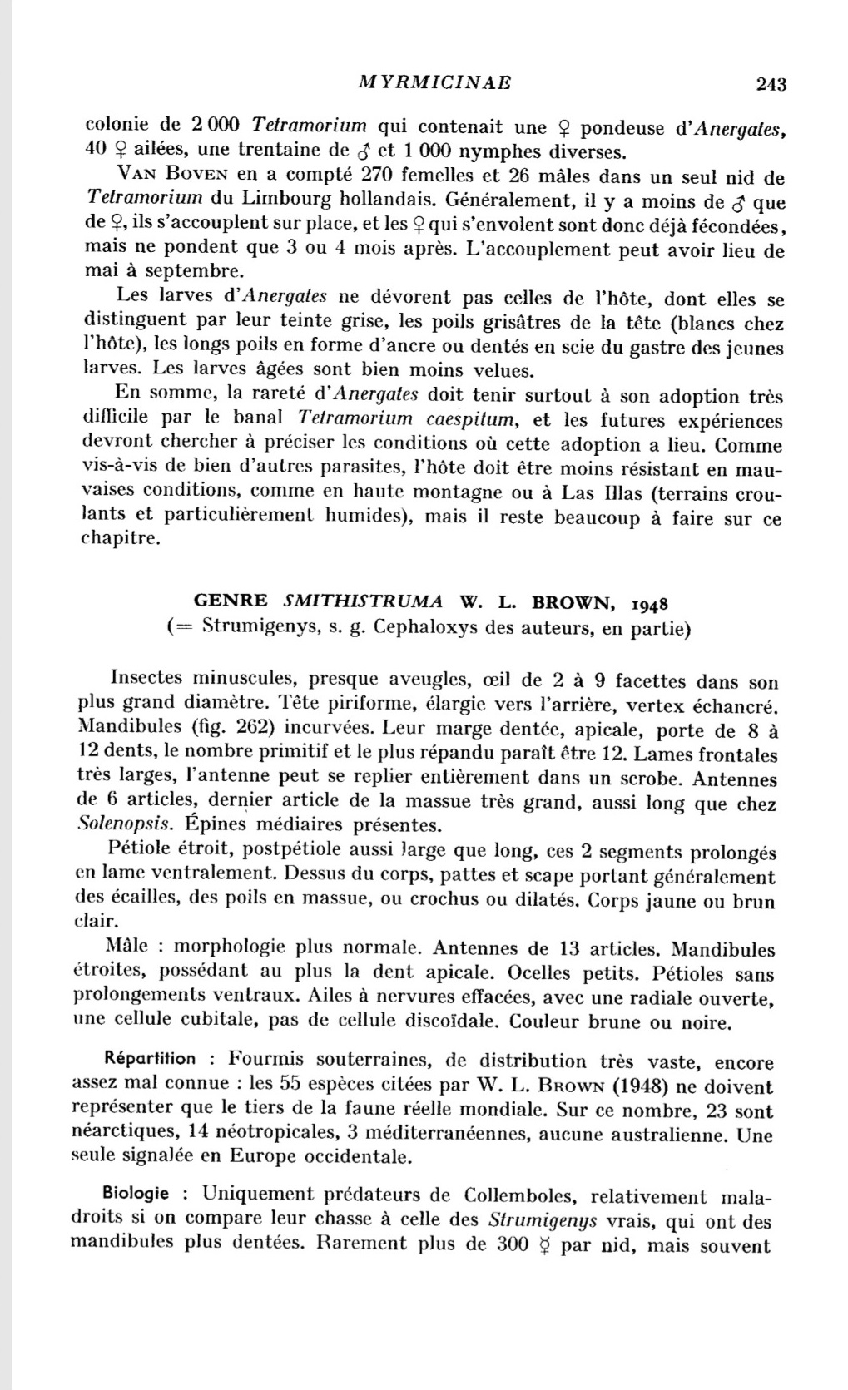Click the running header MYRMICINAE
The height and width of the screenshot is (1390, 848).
tap(434, 82)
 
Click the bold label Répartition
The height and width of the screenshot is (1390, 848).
tap(151, 1059)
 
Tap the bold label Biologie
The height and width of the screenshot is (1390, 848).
tap(136, 1194)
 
